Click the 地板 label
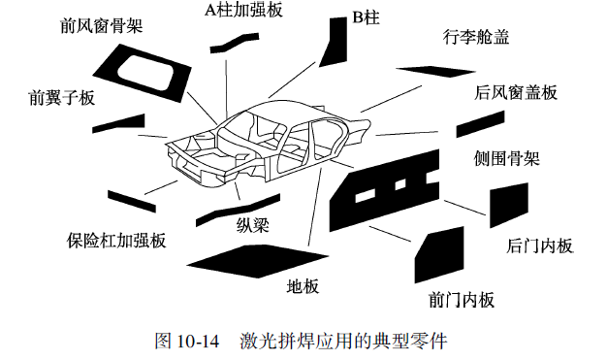point(303,286)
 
